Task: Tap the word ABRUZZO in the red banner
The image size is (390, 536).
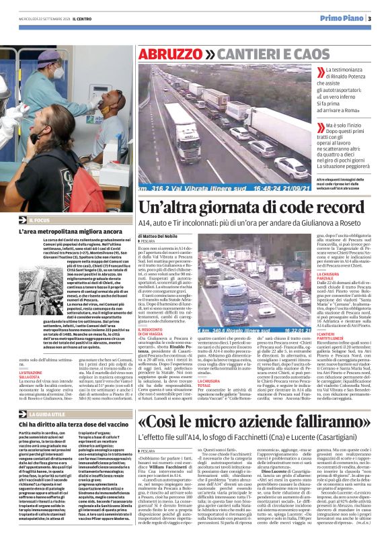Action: click(x=166, y=53)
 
